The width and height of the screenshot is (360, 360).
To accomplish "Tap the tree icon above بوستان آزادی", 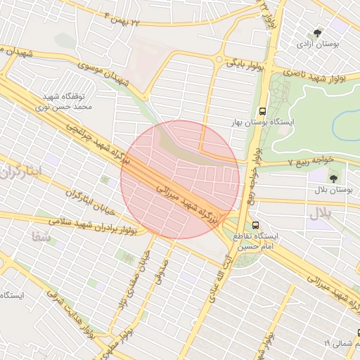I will click(319, 32).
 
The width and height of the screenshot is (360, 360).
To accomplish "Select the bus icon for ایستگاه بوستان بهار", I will click(262, 111).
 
